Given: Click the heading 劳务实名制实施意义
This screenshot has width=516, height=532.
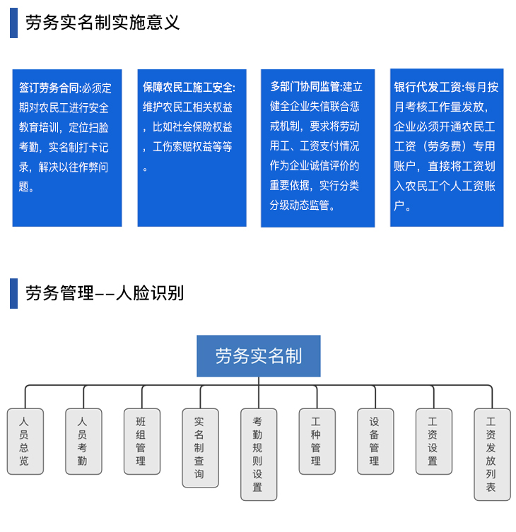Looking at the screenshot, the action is pos(102,23).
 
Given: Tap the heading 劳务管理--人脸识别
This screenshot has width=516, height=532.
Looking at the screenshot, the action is pos(105,293).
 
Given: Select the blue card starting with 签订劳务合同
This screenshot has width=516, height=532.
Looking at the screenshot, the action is pos(67,148).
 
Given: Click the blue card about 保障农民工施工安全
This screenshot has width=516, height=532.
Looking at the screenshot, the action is pos(192,148).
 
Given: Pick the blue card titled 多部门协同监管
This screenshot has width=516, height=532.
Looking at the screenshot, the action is pos(318,148).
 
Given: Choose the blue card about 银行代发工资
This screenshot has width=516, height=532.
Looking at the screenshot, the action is pos(447,148).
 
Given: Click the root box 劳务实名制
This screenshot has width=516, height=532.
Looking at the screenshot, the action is pos(259,356).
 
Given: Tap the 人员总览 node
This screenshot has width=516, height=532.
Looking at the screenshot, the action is pos(25,442).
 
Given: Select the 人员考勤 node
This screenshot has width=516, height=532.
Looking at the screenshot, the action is pos(83,442).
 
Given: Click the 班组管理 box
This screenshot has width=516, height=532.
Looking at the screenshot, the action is pos(142,442).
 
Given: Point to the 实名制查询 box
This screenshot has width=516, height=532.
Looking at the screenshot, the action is pos(200,448).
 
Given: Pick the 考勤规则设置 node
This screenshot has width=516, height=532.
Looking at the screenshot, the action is pos(259,455).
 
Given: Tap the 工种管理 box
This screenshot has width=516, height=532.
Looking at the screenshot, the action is pos(317,442).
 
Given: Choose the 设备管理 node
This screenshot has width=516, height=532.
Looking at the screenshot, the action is pos(375,442).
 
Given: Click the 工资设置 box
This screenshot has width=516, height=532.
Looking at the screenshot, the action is pos(434,442).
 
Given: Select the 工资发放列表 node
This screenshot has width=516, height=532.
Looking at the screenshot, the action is pos(492,455).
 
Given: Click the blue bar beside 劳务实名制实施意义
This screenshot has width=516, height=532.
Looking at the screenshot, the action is pos(13,23).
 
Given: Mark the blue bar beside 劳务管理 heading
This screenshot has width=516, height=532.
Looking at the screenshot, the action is pos(13,293).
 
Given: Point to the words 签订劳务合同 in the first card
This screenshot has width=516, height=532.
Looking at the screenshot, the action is pos(49,88).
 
